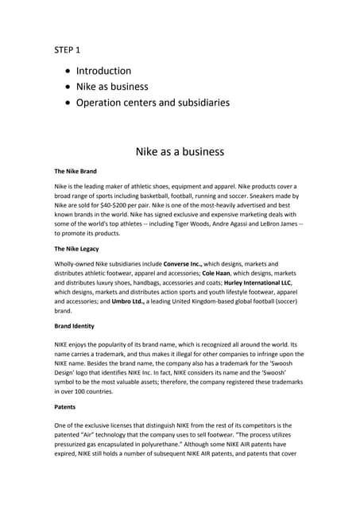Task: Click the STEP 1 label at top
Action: (x=68, y=50)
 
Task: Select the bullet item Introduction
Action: (x=103, y=71)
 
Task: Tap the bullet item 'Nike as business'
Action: (x=111, y=86)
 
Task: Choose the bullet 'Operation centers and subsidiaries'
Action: (x=153, y=102)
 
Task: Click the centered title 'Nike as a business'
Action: (x=180, y=151)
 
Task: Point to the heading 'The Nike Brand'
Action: (x=75, y=171)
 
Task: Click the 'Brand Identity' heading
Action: (x=74, y=326)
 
